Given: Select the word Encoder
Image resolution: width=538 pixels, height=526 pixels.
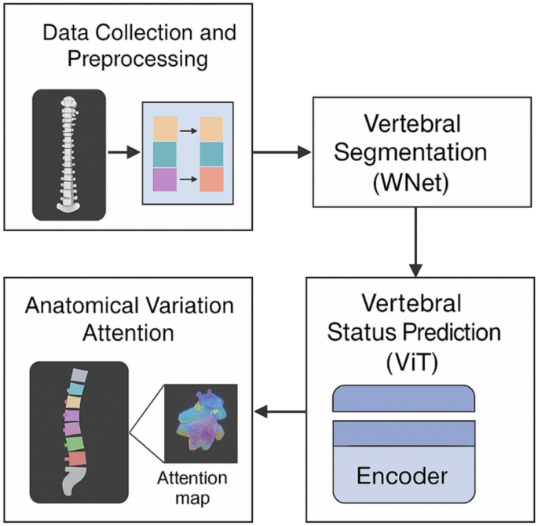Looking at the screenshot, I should [x=402, y=476].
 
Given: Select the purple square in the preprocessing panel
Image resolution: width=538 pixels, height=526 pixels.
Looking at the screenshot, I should [x=165, y=179].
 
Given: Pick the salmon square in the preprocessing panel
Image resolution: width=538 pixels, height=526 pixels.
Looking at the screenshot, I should [x=211, y=179].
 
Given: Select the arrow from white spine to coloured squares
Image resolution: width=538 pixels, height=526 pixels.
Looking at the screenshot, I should [x=122, y=152].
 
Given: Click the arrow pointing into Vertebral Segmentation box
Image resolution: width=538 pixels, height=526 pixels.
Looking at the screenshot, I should [x=283, y=152].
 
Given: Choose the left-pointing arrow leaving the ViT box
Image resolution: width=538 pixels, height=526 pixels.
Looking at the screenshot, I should [x=279, y=411].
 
